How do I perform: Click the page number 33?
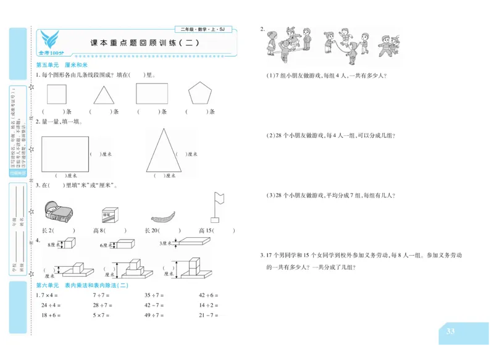pos(450,332)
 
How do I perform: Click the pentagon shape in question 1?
pos(199,94)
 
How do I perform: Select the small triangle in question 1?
pos(104,94)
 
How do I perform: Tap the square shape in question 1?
pos(57,94)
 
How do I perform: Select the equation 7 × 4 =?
pos(52,295)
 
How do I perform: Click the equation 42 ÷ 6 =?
pos(209,295)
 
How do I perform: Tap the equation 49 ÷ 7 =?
pos(154,316)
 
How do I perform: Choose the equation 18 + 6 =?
pos(52,316)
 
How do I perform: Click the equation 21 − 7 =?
pos(209,316)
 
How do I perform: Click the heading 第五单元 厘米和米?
pos(62,65)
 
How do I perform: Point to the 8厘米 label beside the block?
pos(52,245)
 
